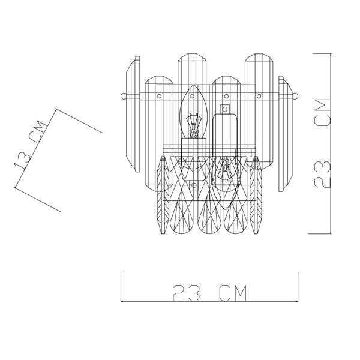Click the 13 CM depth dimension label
click(29, 145)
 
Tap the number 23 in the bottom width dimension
click(186, 293)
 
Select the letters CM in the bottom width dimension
click(233, 293)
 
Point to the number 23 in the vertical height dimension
click(322, 174)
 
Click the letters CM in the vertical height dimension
click(323, 113)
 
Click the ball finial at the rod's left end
click(124, 96)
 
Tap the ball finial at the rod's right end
click(296, 96)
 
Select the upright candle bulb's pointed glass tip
click(194, 86)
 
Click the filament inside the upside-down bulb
click(225, 168)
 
